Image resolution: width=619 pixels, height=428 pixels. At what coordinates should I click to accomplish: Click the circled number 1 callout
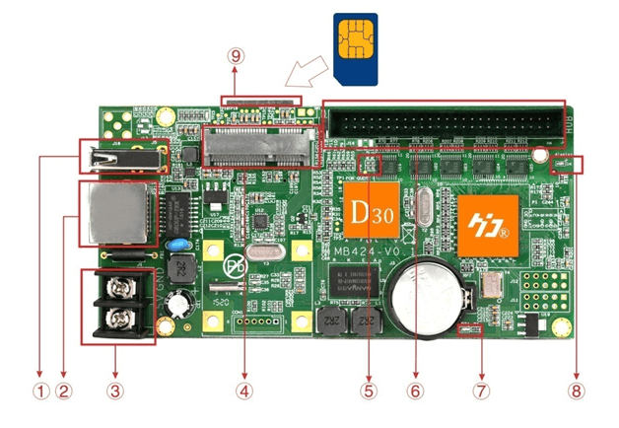click(x=39, y=390)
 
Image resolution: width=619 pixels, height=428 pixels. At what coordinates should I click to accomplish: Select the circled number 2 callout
click(x=64, y=390)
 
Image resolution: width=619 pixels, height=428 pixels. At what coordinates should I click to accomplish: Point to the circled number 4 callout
click(x=243, y=390)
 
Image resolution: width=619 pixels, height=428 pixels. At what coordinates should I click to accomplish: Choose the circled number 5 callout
click(x=370, y=390)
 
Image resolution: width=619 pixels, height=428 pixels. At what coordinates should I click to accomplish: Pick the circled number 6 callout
click(x=415, y=390)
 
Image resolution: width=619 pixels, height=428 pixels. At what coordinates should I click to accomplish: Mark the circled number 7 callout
click(x=481, y=390)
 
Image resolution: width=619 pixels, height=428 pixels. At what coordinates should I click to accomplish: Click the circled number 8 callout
click(x=576, y=390)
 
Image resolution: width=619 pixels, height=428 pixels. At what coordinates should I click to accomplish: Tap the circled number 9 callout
click(x=236, y=56)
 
